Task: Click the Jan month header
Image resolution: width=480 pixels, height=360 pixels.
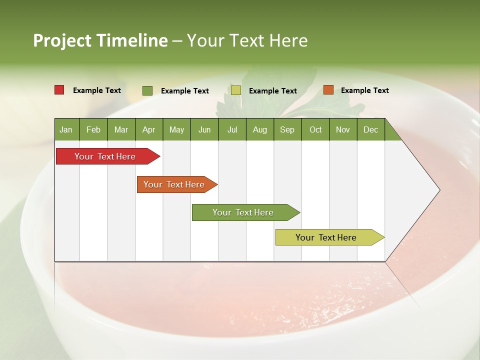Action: (66, 129)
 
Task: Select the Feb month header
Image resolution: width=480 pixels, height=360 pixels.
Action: (93, 129)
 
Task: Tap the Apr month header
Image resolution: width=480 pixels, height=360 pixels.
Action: (149, 129)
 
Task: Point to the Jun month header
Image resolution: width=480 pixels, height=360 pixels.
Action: (204, 129)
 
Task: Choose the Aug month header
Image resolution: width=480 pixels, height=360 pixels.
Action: (260, 129)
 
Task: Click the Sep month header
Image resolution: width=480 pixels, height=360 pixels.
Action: (287, 129)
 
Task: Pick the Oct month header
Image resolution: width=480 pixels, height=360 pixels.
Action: (315, 129)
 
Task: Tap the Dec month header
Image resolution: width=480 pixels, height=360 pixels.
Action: (371, 129)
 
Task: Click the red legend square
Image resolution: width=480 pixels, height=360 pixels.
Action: (59, 90)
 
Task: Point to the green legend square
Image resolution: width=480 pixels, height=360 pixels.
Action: (147, 90)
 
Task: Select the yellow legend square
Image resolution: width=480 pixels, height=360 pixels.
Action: (236, 90)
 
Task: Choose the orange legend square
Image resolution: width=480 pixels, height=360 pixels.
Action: (328, 90)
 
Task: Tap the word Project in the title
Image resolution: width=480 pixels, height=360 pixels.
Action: (62, 40)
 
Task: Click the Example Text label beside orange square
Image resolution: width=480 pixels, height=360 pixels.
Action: (365, 90)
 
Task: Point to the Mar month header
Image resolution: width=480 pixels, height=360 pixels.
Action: (121, 129)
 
